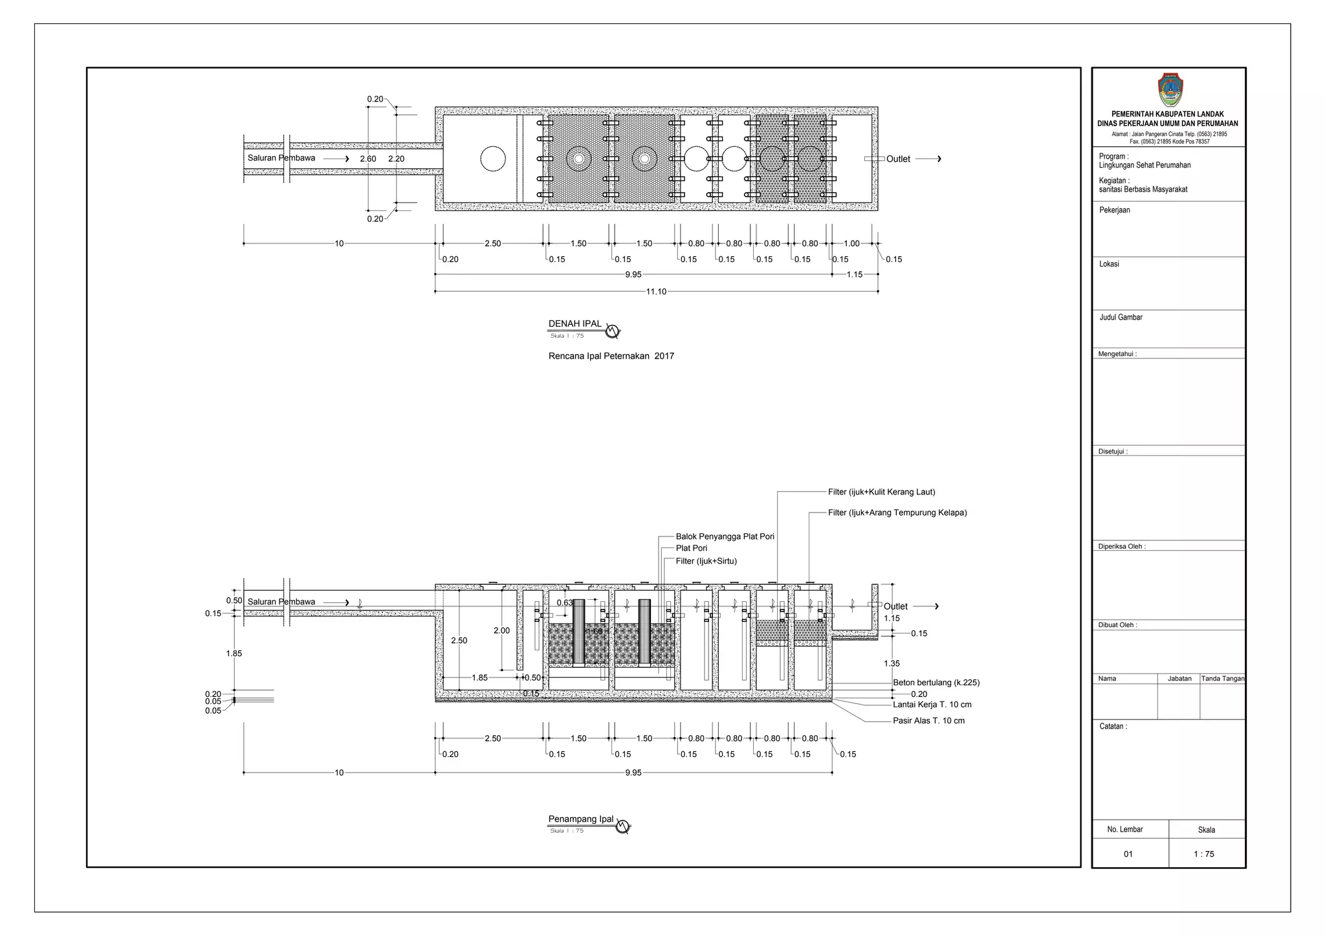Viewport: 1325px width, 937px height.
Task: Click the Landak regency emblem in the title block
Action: point(1169,90)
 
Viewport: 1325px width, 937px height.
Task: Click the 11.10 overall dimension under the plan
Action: point(655,292)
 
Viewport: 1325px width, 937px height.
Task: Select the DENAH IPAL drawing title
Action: point(575,324)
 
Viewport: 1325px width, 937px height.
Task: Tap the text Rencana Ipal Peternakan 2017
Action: point(611,356)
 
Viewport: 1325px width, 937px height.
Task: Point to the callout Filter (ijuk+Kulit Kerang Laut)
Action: point(881,492)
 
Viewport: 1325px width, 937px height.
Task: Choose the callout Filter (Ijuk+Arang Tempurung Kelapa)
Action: point(897,513)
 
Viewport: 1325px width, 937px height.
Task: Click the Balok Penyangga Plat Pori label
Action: point(725,536)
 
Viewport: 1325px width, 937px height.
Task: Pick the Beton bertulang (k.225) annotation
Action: point(936,683)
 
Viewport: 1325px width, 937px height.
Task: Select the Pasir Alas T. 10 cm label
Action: point(928,720)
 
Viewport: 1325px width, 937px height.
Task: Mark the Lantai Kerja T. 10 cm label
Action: point(932,705)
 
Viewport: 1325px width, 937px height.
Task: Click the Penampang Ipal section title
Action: point(580,819)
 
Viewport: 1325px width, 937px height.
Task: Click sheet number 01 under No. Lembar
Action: point(1128,854)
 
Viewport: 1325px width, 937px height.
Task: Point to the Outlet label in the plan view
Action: point(897,159)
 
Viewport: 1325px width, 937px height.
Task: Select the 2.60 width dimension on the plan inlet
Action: point(367,159)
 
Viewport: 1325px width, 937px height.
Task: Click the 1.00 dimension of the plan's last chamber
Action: point(851,244)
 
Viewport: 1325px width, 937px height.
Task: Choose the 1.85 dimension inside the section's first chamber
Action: point(479,678)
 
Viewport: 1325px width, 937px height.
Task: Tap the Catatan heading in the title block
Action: point(1113,727)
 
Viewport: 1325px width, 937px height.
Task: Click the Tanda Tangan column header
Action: point(1222,679)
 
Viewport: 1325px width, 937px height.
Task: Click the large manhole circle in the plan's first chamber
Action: point(492,159)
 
